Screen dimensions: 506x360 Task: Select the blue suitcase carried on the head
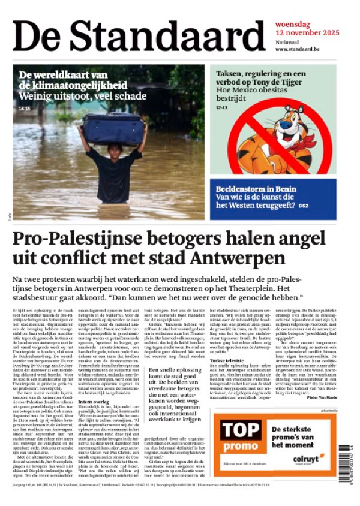pos(112,128)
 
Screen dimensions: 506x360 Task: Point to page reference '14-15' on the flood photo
pos(25,109)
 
